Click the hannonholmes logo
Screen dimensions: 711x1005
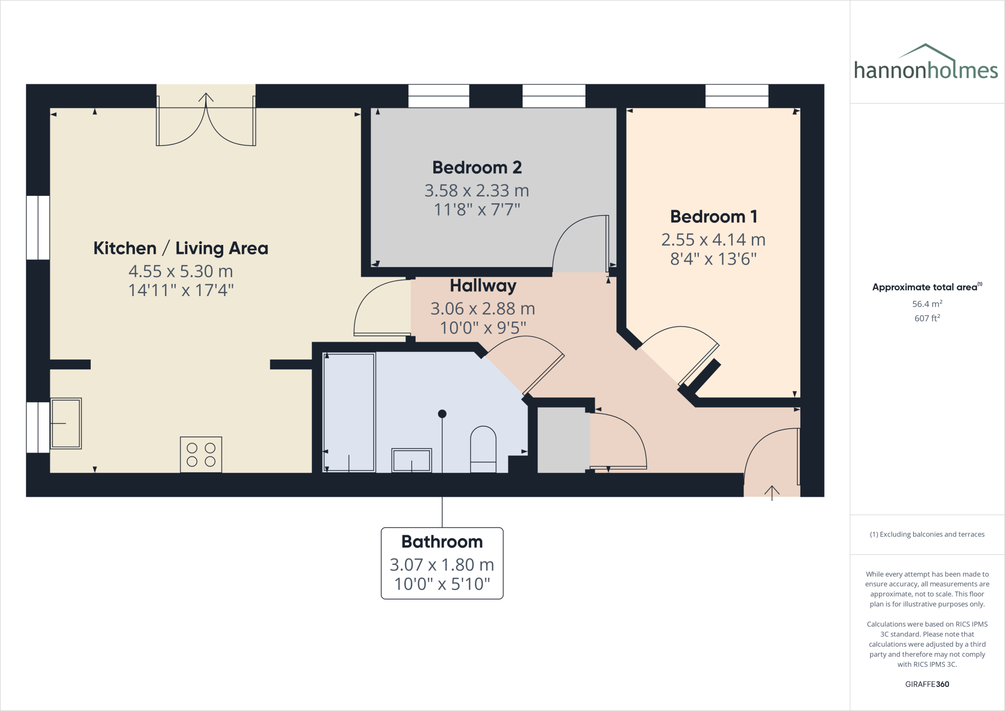(x=926, y=64)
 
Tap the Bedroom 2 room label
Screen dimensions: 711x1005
(x=477, y=167)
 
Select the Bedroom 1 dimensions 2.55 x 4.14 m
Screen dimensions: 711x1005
(x=713, y=240)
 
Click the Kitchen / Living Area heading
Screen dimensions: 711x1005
(x=181, y=248)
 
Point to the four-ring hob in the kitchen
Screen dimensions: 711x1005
(x=201, y=454)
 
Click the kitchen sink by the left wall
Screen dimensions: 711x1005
(x=66, y=423)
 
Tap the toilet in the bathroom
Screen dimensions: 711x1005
(x=483, y=448)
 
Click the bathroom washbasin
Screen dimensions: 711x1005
(x=411, y=460)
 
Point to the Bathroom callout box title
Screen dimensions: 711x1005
(x=442, y=542)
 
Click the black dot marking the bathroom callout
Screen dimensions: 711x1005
(x=442, y=414)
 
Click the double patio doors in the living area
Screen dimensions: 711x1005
(x=206, y=120)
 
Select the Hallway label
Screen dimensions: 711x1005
(x=483, y=286)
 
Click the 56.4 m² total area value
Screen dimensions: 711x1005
(x=927, y=304)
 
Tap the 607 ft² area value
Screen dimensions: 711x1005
(x=927, y=318)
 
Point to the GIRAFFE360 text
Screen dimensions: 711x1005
(x=927, y=684)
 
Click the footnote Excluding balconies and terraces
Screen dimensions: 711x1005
(x=927, y=534)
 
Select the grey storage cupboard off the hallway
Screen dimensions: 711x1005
(x=563, y=440)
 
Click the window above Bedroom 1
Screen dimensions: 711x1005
(x=737, y=96)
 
